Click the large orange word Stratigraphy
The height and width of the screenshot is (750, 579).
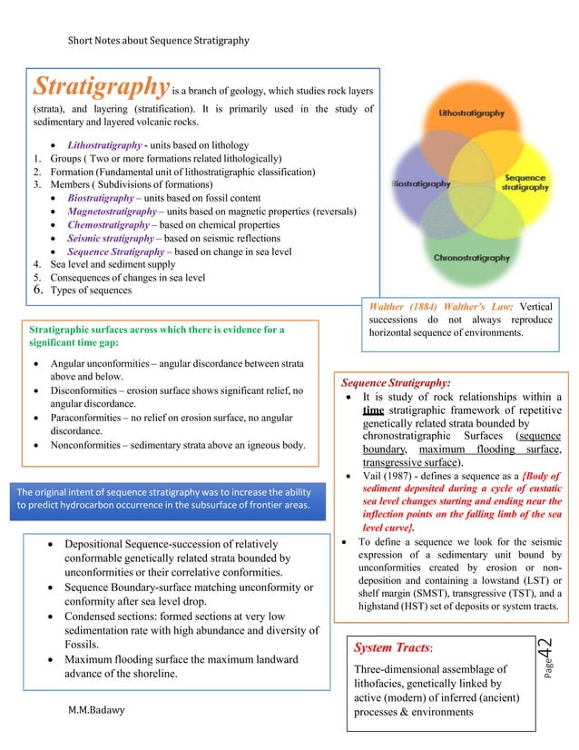pyautogui.click(x=101, y=87)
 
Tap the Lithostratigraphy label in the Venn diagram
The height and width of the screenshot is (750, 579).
pyautogui.click(x=471, y=116)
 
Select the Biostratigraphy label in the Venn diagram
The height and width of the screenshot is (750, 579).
pyautogui.click(x=421, y=183)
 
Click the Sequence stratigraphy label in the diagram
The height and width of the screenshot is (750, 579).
pyautogui.click(x=525, y=182)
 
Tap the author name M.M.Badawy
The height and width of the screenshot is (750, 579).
pyautogui.click(x=103, y=709)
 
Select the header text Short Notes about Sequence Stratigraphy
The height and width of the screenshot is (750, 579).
pyautogui.click(x=159, y=40)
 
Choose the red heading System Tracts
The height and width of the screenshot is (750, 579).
pyautogui.click(x=391, y=647)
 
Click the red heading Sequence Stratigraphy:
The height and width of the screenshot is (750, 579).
pyautogui.click(x=396, y=382)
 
